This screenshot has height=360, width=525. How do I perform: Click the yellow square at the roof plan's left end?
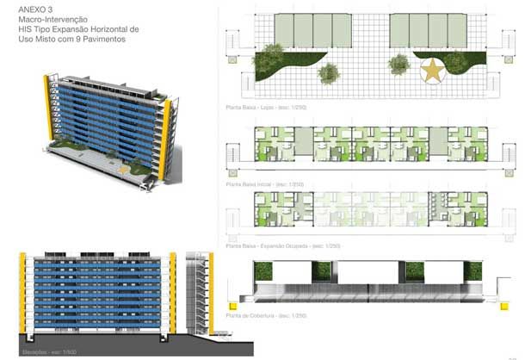coord(230,304)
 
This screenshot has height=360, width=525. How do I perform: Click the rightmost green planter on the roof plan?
coord(472,271)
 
